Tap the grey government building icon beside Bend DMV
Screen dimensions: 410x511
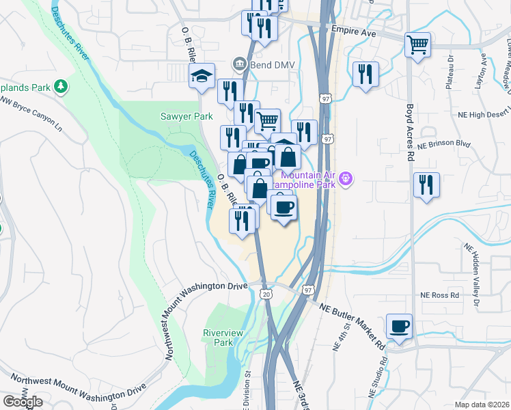point(239,64)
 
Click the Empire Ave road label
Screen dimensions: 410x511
point(353,31)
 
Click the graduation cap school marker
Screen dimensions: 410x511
point(202,76)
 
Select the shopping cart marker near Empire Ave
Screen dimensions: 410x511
point(417,45)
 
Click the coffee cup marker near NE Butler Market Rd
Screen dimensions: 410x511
point(399,326)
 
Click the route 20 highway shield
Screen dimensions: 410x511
point(265,294)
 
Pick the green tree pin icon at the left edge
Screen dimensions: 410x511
point(62,86)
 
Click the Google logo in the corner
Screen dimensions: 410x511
point(23,402)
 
